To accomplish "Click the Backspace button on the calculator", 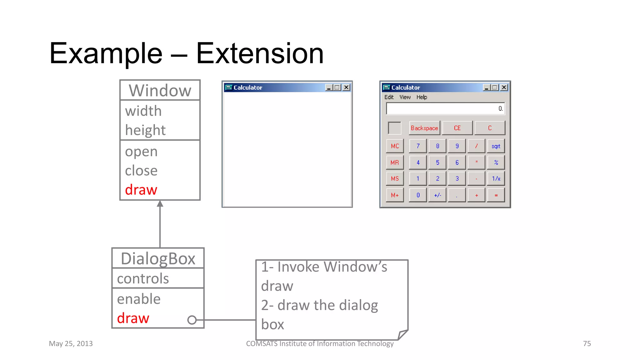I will [x=424, y=128].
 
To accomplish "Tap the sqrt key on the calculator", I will [x=496, y=146].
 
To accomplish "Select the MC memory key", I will [x=395, y=146].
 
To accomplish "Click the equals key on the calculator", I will [x=496, y=195].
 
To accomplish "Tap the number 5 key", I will [x=437, y=162].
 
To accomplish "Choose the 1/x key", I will [x=496, y=179].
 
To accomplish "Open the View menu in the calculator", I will [x=405, y=97].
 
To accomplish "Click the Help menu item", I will [x=422, y=97].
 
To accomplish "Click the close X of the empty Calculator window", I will [x=346, y=87].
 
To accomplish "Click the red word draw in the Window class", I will [x=141, y=190].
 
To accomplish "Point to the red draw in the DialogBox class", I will [x=133, y=318].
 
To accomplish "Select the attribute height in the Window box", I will [x=145, y=130].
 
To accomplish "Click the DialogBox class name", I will [x=158, y=259].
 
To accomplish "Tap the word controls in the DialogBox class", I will [x=143, y=279].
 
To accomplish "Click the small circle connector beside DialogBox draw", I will [x=192, y=320].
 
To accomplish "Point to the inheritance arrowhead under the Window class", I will [x=160, y=204].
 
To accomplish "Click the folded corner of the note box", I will [x=402, y=335].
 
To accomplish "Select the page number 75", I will [x=587, y=344].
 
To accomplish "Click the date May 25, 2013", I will [x=71, y=344].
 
